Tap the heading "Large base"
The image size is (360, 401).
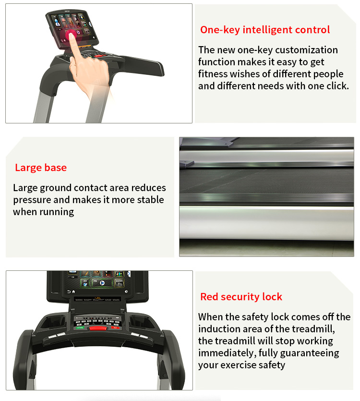tap(41, 168)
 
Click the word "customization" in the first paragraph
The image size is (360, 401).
tap(306, 50)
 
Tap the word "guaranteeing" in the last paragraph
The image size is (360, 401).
tap(310, 353)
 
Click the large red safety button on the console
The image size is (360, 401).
tap(98, 328)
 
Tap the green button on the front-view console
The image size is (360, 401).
tap(80, 328)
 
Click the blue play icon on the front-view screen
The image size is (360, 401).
tap(102, 283)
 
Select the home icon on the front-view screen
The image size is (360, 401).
tap(73, 292)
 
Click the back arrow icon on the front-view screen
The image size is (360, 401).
tap(69, 292)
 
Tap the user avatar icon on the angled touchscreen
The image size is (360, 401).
tap(57, 23)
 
